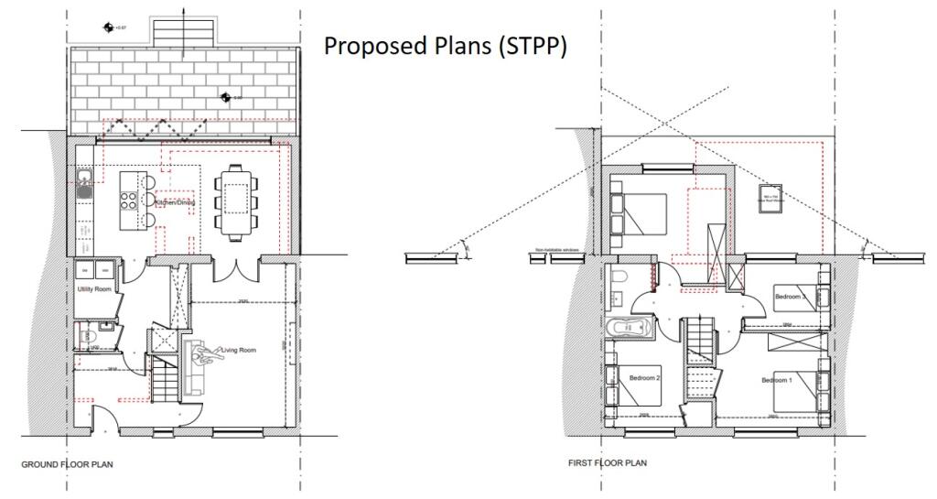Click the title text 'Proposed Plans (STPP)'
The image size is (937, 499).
coord(446,47)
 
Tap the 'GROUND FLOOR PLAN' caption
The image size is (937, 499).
coord(68,464)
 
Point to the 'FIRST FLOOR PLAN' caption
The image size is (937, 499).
coord(607,463)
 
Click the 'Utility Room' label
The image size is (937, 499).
coord(94,289)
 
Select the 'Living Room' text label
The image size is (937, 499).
coord(239,350)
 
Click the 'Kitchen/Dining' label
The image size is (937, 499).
coord(174,202)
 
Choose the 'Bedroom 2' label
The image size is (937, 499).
coord(645,377)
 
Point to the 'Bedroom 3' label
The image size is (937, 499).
coord(790,297)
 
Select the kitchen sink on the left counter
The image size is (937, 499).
coord(83,184)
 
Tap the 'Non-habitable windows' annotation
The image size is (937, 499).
coord(558,248)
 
